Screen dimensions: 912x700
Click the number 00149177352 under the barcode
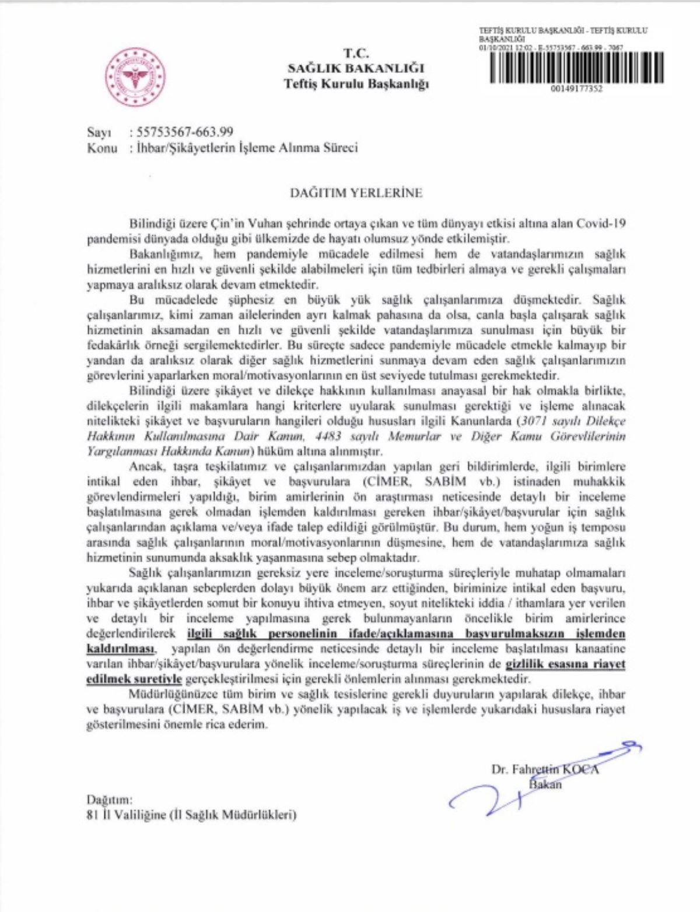(x=576, y=89)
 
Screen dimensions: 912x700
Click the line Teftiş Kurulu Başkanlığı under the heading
(x=356, y=83)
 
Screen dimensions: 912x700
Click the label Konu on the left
(x=102, y=147)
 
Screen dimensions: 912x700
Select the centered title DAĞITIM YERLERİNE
(x=356, y=192)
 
